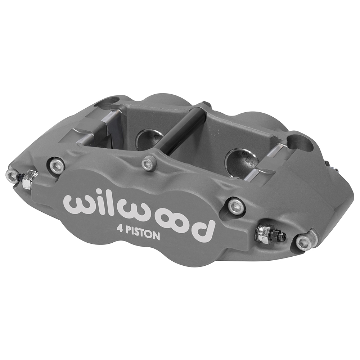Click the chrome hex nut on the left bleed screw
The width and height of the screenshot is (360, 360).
click(29, 179)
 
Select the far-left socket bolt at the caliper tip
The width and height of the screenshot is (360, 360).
click(12, 175)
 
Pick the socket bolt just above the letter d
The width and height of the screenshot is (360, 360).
click(236, 206)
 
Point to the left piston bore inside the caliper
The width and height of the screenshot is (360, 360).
click(148, 139)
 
